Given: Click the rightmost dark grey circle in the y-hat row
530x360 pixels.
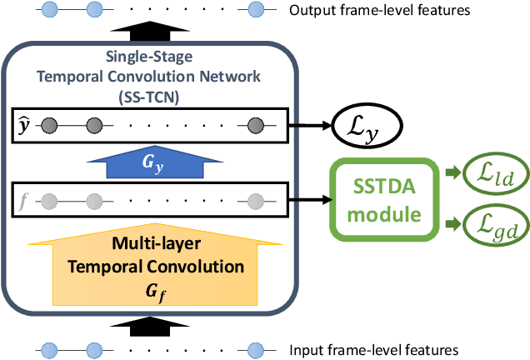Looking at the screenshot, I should tap(256, 127).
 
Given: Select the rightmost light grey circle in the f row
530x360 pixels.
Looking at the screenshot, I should tap(256, 200).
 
